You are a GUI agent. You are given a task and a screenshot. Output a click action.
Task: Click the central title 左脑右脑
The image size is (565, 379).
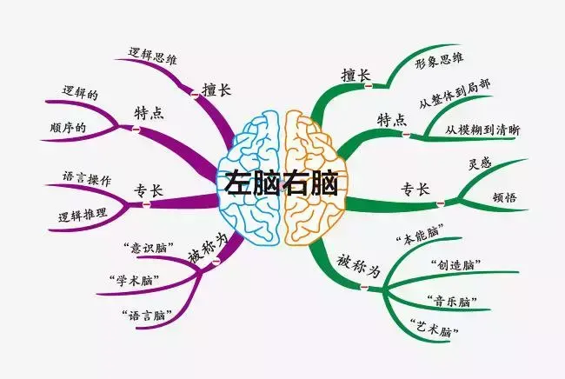tap(282, 183)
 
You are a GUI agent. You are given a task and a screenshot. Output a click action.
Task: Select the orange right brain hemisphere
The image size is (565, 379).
tap(315, 178)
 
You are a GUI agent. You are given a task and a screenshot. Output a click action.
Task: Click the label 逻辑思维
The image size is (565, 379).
tap(153, 57)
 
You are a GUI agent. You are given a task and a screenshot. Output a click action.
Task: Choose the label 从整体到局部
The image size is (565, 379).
tap(455, 94)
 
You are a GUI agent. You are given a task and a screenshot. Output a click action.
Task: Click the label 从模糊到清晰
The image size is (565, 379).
tap(482, 130)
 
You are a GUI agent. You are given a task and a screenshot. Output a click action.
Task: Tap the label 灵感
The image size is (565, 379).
tap(480, 164)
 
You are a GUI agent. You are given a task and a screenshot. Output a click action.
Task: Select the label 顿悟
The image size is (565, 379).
tap(504, 197)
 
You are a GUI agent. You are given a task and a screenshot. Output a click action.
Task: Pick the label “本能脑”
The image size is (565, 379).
tap(420, 235)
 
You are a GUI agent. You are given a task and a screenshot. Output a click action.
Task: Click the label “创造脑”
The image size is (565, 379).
tap(455, 265)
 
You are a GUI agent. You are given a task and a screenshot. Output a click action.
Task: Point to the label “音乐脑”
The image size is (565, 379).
tap(452, 301)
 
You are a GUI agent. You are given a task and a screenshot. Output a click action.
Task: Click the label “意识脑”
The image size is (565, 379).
tap(148, 248)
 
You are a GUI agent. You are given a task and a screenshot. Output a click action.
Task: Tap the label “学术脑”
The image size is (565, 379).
tap(134, 280)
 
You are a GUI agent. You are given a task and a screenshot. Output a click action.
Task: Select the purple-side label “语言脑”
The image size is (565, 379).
tap(146, 316)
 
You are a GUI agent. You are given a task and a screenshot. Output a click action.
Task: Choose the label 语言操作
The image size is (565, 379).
tap(86, 179)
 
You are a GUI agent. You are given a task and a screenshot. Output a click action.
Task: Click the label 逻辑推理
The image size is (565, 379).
tap(83, 215)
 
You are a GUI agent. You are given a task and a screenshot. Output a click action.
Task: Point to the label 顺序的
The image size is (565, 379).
tap(68, 128)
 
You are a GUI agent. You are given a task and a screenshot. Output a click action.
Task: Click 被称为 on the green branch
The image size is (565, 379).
tap(358, 267)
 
